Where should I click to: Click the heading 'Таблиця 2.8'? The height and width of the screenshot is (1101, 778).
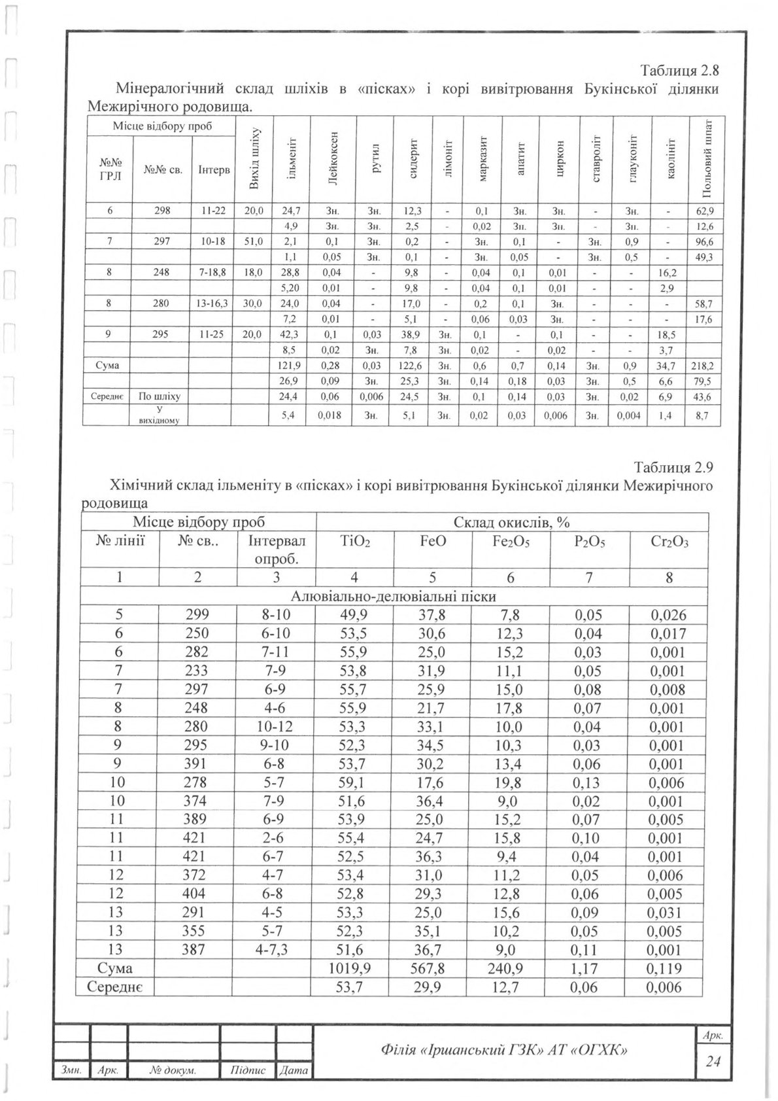point(680,71)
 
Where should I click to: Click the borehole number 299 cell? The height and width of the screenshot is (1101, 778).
point(197,615)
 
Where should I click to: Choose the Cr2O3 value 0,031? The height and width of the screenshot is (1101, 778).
point(668,913)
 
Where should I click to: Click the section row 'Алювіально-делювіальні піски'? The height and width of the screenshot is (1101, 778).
point(394,597)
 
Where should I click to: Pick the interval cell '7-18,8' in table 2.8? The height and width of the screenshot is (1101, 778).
point(212,271)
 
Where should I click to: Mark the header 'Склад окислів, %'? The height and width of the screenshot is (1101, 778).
point(512,522)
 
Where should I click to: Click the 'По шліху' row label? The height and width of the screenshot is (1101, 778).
point(160,396)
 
